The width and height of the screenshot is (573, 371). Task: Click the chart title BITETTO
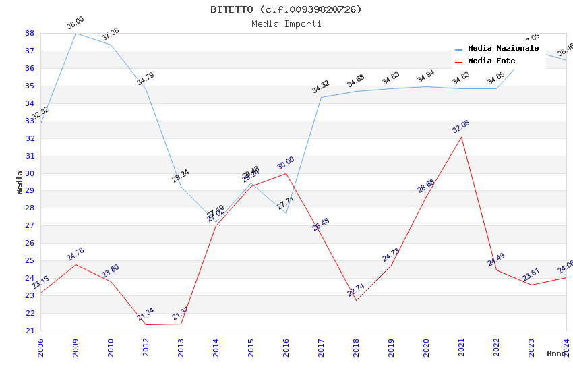tap(286, 9)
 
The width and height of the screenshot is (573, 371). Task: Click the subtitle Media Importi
tap(286, 24)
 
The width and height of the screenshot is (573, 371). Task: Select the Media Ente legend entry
tap(491, 61)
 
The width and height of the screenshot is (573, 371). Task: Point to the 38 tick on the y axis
tap(30, 33)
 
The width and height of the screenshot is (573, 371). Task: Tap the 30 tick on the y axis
tap(30, 173)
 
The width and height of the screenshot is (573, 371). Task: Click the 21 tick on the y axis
tap(30, 331)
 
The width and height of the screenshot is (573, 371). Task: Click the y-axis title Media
tap(20, 182)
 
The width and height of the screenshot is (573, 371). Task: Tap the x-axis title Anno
tap(556, 353)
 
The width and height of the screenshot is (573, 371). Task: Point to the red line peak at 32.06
tap(462, 137)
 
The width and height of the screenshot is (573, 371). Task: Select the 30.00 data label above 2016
tap(286, 163)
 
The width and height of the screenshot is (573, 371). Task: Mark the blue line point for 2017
tap(321, 97)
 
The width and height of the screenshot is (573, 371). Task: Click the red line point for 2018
tap(356, 300)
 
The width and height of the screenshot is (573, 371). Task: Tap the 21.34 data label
tap(146, 314)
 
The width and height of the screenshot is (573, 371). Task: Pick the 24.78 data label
tap(76, 254)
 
